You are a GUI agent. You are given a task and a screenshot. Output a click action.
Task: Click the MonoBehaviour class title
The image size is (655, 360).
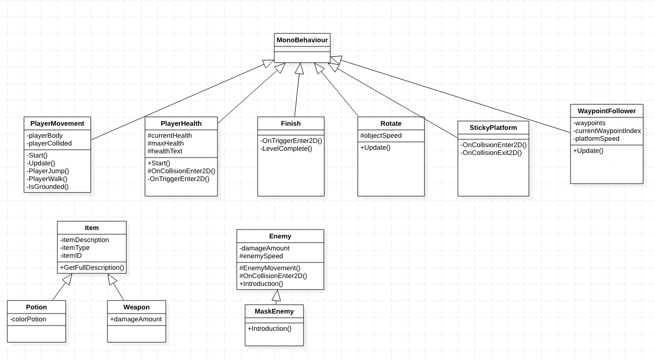pyautogui.click(x=302, y=40)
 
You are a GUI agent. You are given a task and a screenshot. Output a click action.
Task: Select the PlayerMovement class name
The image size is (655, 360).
pyautogui.click(x=57, y=124)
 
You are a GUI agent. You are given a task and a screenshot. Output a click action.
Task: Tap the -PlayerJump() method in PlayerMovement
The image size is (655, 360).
pyautogui.click(x=48, y=171)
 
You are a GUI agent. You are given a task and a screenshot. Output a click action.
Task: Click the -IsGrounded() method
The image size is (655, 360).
pyautogui.click(x=47, y=187)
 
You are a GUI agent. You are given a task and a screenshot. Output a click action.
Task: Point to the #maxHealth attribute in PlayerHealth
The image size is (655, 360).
pyautogui.click(x=166, y=143)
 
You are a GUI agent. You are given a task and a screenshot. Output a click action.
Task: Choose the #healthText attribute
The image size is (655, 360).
pyautogui.click(x=165, y=151)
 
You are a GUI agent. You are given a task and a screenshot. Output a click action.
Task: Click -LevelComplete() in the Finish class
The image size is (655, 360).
pyautogui.click(x=286, y=149)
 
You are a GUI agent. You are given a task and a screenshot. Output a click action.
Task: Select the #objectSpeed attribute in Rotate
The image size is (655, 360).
pyautogui.click(x=381, y=136)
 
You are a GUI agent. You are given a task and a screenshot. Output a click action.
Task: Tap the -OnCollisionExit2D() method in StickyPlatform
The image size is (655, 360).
pyautogui.click(x=491, y=153)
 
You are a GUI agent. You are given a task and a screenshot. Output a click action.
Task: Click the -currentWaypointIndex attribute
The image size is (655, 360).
pyautogui.click(x=607, y=131)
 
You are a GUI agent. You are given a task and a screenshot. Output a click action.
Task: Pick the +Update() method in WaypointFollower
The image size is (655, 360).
pyautogui.click(x=588, y=151)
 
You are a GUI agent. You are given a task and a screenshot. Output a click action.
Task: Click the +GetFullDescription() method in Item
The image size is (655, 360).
pyautogui.click(x=92, y=268)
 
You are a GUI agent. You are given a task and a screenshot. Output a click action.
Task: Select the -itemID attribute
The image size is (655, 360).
pyautogui.click(x=71, y=256)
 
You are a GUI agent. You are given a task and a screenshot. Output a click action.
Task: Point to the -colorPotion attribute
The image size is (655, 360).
pyautogui.click(x=28, y=319)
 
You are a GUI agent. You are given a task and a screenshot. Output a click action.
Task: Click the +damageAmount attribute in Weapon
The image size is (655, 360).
pyautogui.click(x=136, y=319)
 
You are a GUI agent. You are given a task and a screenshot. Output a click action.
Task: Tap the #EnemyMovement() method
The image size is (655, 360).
pyautogui.click(x=270, y=268)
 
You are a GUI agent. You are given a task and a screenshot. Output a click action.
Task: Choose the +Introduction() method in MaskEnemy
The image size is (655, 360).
pyautogui.click(x=270, y=329)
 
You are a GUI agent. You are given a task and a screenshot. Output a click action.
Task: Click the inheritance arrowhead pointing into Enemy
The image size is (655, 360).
pyautogui.click(x=276, y=295)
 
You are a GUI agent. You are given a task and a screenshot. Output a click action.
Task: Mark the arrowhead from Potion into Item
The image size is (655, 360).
pyautogui.click(x=67, y=279)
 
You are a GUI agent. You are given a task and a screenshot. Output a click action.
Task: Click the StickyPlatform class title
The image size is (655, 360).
pyautogui.click(x=493, y=128)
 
